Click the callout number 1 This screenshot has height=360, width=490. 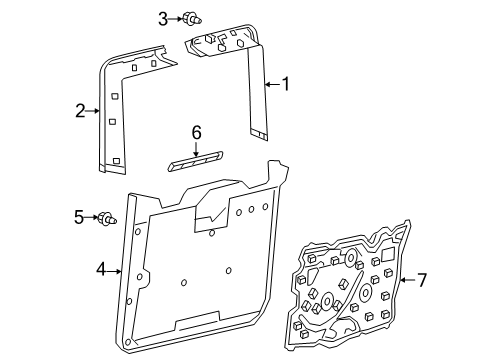coord(286,84)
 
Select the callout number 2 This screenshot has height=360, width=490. coord(80,111)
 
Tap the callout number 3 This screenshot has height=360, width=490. coord(163,19)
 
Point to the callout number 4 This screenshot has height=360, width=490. coord(101,269)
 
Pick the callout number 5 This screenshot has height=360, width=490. coord(79,217)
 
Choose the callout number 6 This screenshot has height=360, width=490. coord(197,133)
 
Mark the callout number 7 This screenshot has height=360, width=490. coord(422,280)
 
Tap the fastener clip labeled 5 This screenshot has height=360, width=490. coord(107,218)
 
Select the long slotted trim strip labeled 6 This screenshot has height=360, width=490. coord(196,161)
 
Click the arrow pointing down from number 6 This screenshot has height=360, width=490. coord(196,149)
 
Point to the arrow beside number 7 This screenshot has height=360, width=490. coord(407,280)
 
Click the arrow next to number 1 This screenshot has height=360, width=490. coord(273,84)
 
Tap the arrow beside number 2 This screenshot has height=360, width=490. coord(93,111)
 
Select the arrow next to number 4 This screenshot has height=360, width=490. coord(114,272)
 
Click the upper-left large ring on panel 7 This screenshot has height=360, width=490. coord(351,258)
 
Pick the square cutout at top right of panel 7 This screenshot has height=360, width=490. coord(388,255)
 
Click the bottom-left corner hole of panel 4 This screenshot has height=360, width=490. coord(128,342)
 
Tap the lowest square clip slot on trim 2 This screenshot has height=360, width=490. coord(116,161)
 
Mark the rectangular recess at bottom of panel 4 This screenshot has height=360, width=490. coord(197,322)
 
